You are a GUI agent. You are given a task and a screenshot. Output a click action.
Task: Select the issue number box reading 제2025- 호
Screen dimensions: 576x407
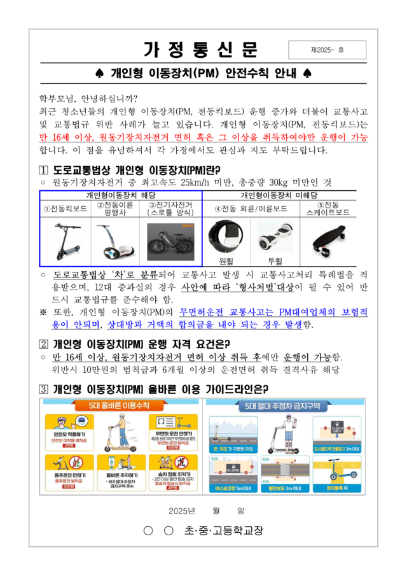[x=327, y=50]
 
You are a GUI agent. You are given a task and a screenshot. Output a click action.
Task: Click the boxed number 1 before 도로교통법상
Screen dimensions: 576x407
[x=43, y=170]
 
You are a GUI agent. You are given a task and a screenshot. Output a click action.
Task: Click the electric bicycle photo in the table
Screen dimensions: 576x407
[x=173, y=241]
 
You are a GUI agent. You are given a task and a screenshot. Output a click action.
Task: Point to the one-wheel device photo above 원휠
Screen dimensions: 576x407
[x=226, y=235]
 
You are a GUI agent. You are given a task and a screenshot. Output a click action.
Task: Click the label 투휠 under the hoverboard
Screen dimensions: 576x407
[x=275, y=261]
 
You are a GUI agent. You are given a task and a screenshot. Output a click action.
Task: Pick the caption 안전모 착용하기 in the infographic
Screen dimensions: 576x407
[x=60, y=435]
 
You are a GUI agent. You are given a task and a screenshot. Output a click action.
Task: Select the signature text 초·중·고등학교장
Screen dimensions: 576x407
[x=222, y=530]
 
